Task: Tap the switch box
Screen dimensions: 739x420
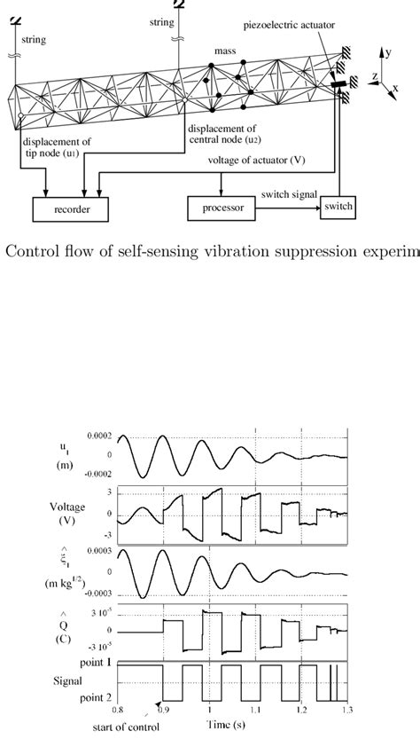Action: click(x=338, y=207)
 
